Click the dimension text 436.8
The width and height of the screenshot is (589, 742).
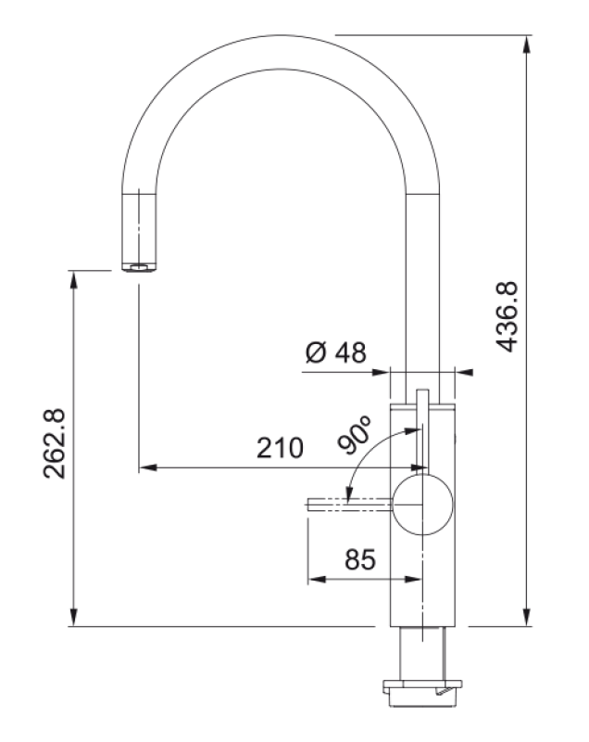pos(508,317)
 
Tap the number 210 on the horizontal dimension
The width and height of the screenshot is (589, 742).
pos(280,450)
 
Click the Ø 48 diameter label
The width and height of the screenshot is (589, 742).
pos(335,352)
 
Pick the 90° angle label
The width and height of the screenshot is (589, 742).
pos(356,435)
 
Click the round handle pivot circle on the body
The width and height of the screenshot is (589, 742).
pos(424,504)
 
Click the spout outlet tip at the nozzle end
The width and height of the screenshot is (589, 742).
pos(138,267)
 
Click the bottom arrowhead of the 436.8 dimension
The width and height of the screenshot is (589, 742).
pos(528,618)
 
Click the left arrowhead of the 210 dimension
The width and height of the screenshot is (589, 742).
pos(146,467)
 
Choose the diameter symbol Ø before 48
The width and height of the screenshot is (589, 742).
pos(314,352)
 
